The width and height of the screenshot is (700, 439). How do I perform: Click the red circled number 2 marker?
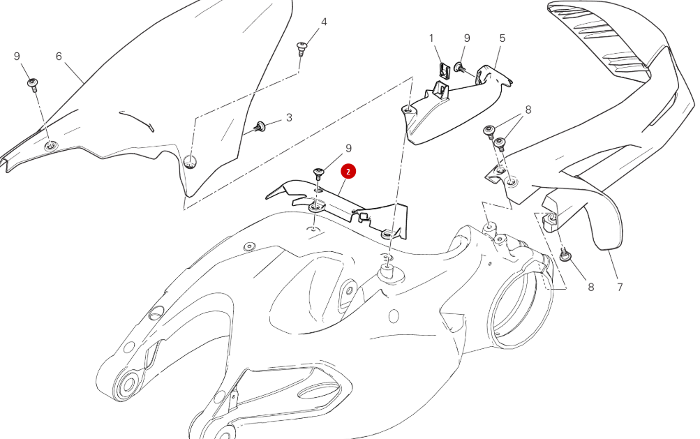click(x=348, y=171)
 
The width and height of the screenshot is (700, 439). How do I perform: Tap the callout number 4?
click(x=324, y=22)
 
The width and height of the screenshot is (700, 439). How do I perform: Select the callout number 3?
click(x=289, y=117)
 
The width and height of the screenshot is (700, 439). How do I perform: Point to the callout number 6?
click(x=59, y=57)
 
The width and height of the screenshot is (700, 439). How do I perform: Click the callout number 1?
click(x=431, y=38)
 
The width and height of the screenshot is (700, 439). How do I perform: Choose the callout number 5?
click(x=502, y=38)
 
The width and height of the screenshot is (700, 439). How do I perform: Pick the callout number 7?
click(x=620, y=286)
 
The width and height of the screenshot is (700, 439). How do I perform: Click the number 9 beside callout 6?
click(x=17, y=57)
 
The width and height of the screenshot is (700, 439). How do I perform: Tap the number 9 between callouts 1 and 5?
click(x=467, y=38)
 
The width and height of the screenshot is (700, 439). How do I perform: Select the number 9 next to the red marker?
click(x=348, y=148)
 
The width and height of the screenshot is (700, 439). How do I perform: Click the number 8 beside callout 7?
click(x=590, y=286)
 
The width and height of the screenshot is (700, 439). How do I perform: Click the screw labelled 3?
click(x=261, y=126)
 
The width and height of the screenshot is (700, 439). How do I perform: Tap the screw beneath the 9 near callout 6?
click(x=32, y=84)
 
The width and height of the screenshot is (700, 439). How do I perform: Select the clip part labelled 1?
click(x=444, y=70)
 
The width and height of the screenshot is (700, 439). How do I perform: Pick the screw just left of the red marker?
click(x=320, y=172)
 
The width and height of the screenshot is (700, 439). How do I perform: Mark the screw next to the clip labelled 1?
click(x=461, y=67)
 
